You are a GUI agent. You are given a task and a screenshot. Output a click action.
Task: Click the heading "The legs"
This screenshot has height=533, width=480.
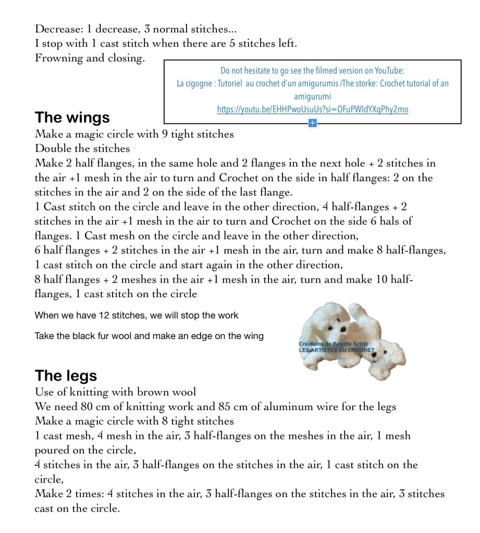point(66,375)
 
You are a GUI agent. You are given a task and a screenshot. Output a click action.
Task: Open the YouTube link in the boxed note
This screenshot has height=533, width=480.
point(313,109)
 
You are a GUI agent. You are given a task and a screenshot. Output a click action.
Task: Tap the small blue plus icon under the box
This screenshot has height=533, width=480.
point(312,123)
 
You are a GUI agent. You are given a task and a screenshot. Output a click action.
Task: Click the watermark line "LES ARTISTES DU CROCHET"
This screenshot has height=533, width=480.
point(337,350)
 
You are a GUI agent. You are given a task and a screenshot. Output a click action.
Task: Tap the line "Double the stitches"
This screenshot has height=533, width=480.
point(82,148)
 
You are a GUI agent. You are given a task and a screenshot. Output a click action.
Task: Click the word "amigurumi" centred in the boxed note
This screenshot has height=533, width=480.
point(313,97)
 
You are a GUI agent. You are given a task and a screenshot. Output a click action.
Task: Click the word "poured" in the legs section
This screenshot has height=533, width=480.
point(51,450)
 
